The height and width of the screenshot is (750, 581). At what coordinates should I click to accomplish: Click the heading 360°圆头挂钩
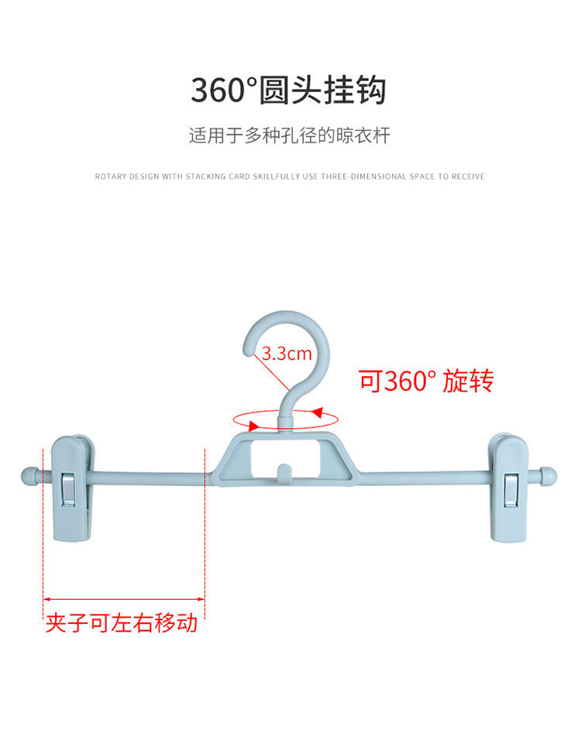pos(288,91)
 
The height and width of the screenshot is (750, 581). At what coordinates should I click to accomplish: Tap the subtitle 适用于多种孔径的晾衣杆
pos(290,136)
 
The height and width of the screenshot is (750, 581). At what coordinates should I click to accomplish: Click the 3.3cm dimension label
pos(286,354)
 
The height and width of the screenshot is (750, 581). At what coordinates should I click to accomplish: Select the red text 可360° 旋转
pos(425,381)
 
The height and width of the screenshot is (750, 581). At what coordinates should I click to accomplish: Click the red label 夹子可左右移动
pos(122,623)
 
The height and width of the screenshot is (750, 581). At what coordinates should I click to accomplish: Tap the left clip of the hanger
pos(73,488)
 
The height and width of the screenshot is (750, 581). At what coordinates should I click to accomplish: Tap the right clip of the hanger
pos(508,488)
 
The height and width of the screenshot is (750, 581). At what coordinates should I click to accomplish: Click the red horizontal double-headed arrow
pos(123,598)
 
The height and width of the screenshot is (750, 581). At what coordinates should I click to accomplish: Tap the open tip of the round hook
pos(249,351)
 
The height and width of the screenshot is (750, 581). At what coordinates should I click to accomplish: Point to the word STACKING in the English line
pos(206,176)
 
